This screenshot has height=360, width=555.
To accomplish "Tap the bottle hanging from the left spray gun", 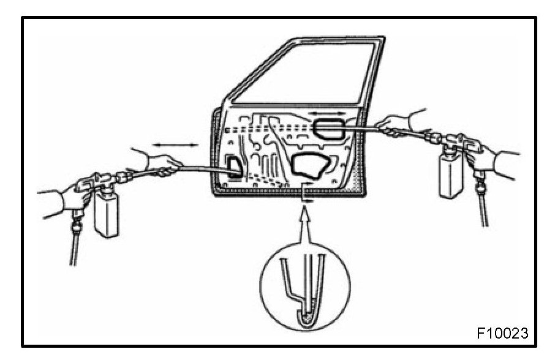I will (107, 214).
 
